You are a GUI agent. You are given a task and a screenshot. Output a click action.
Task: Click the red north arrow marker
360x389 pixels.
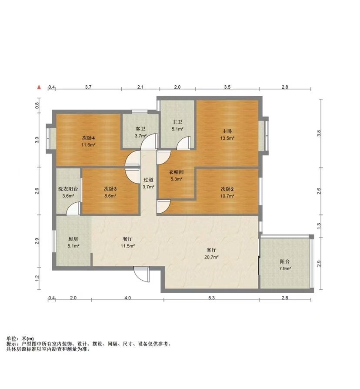(39, 87)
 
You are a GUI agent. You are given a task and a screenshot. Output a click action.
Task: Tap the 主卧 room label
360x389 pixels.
(227, 131)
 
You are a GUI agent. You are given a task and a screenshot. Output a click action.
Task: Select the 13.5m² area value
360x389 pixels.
(227, 138)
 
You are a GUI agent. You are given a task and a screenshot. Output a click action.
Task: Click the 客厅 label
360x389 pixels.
(211, 250)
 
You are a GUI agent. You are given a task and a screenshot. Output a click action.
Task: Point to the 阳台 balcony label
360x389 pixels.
(285, 262)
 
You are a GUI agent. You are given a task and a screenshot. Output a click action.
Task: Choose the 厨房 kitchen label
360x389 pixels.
(73, 239)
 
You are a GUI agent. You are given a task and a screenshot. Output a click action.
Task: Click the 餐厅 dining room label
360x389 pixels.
(128, 239)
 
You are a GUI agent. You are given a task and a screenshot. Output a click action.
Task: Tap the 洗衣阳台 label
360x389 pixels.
(68, 189)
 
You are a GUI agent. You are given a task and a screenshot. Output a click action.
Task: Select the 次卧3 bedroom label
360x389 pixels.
(110, 189)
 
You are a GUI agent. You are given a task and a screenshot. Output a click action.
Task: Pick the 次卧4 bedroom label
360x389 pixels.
(89, 138)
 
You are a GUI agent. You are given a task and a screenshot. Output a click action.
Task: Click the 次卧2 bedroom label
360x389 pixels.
(227, 189)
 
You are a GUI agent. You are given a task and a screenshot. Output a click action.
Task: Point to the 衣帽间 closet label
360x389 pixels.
(176, 172)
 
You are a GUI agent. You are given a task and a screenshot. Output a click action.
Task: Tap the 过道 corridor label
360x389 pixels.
(148, 180)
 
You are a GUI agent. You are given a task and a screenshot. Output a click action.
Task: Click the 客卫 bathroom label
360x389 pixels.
(140, 129)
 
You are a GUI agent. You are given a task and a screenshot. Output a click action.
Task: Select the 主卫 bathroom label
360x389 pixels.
(177, 122)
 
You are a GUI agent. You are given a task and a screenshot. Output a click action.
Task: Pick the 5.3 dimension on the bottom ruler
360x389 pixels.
(211, 298)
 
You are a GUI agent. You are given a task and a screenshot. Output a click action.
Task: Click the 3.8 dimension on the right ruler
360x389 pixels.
(319, 133)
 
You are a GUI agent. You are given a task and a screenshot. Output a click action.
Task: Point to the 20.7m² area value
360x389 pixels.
(211, 257)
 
